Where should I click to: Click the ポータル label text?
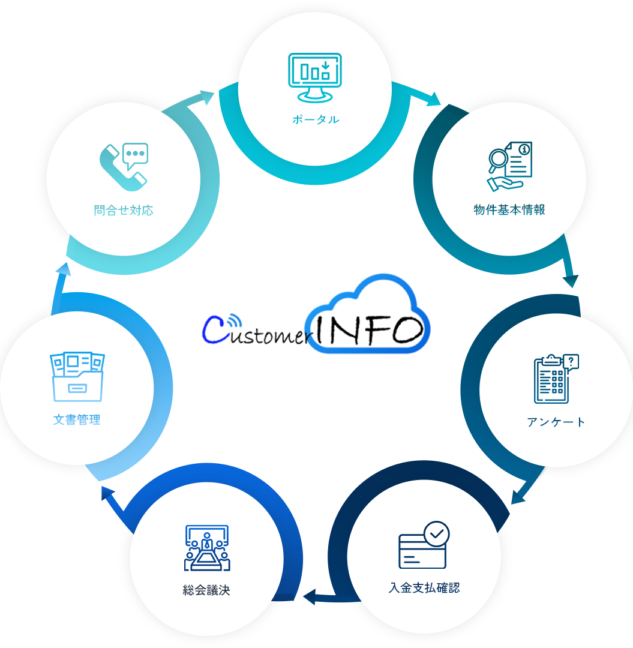[x=316, y=120]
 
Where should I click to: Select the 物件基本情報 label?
[x=509, y=210]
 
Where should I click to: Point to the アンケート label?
[x=556, y=422]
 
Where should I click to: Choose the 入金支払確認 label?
[x=424, y=588]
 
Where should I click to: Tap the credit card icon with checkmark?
[x=424, y=545]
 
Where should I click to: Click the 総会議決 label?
[x=206, y=590]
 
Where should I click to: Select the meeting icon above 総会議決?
[x=207, y=548]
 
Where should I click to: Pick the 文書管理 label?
[x=77, y=420]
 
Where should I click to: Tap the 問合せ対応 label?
[x=124, y=211]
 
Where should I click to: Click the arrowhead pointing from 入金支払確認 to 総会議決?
[x=310, y=597]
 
